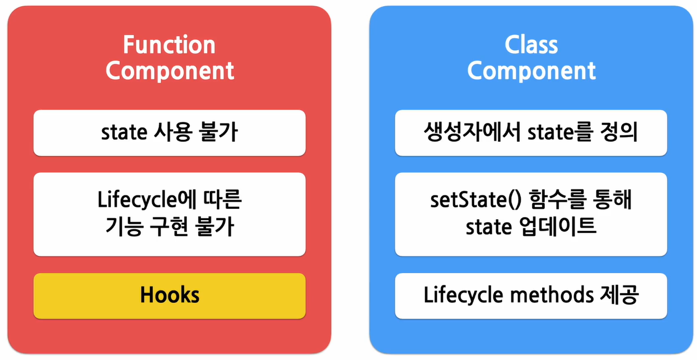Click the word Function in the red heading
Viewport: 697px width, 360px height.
tap(169, 46)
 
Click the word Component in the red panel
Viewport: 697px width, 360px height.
tap(170, 71)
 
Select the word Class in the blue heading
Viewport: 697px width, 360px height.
tap(531, 46)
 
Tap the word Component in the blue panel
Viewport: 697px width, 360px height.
tap(531, 71)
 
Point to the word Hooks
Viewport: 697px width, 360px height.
tap(170, 296)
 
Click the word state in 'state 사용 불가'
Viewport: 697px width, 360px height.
tap(124, 133)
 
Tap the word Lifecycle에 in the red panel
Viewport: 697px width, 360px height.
tap(142, 201)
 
